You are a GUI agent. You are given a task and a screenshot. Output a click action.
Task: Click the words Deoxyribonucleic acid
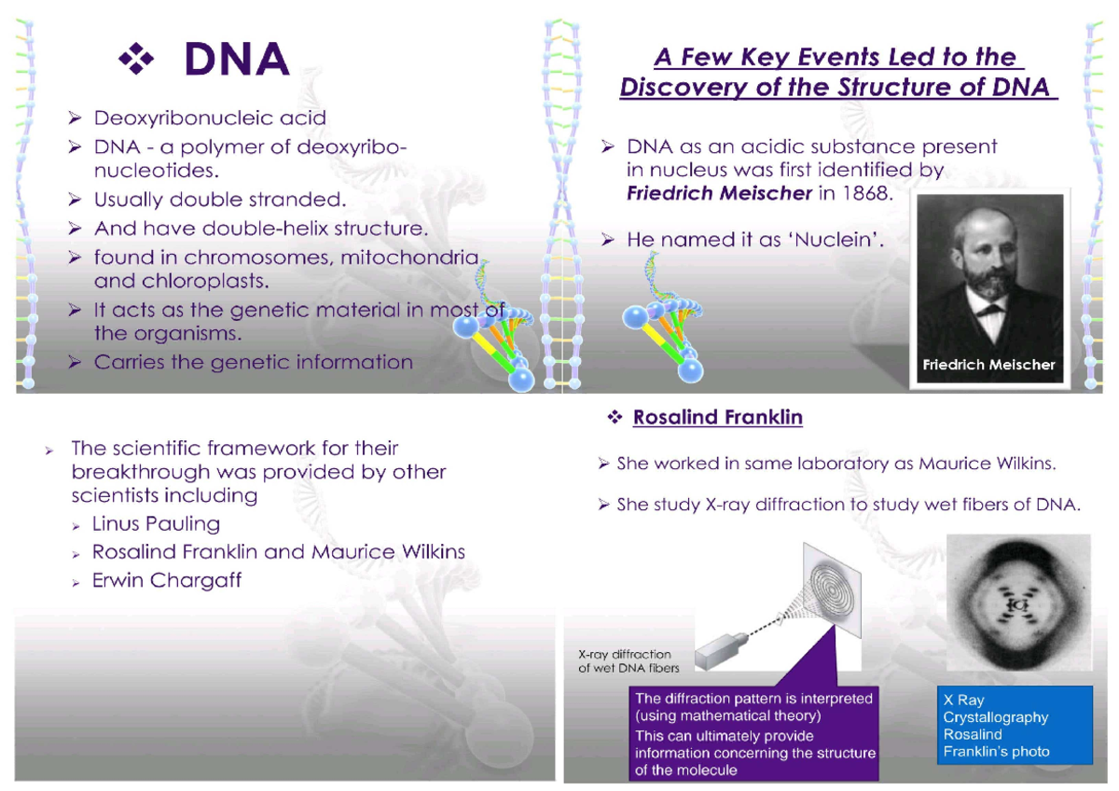[x=210, y=118]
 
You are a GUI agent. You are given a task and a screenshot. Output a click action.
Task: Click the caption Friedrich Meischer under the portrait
[x=988, y=365]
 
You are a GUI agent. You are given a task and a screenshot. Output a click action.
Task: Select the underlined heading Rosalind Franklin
[x=717, y=418]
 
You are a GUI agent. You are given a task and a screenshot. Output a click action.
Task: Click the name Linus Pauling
[x=156, y=523]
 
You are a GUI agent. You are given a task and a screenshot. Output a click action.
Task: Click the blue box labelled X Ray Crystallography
[x=1015, y=725]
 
